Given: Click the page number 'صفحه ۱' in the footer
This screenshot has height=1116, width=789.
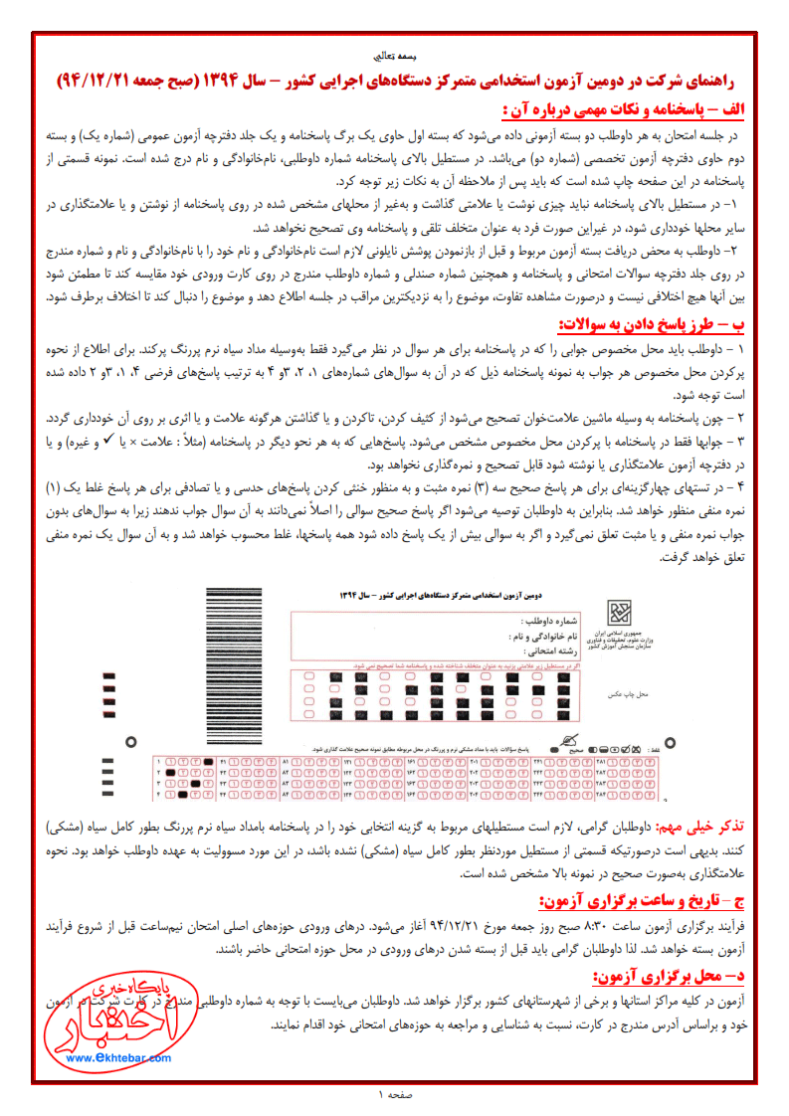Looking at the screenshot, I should click(394, 1095).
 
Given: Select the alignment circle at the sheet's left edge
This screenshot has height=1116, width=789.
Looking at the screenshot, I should click(130, 741).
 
